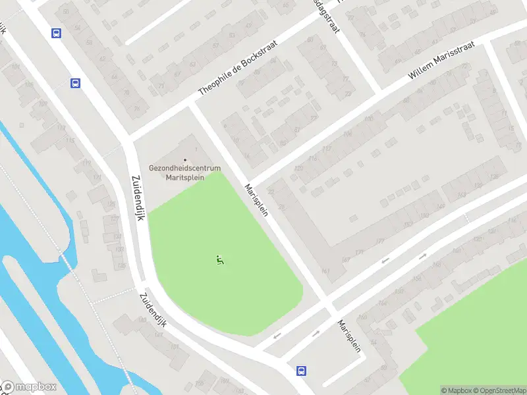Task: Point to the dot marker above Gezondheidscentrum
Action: [x=185, y=159]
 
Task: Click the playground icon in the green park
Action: [x=220, y=260]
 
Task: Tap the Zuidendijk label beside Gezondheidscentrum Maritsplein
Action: [x=138, y=197]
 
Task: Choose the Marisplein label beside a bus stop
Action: [x=349, y=336]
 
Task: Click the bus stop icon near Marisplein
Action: [x=301, y=371]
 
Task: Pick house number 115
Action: [x=70, y=140]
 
